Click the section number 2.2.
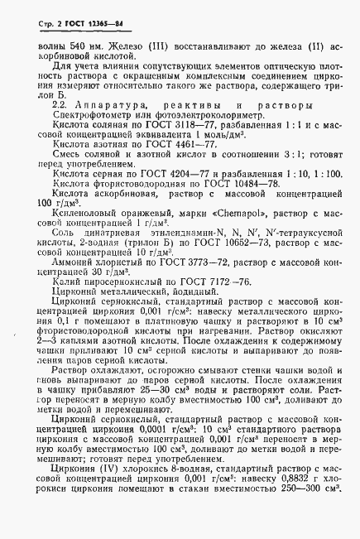(60, 104)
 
